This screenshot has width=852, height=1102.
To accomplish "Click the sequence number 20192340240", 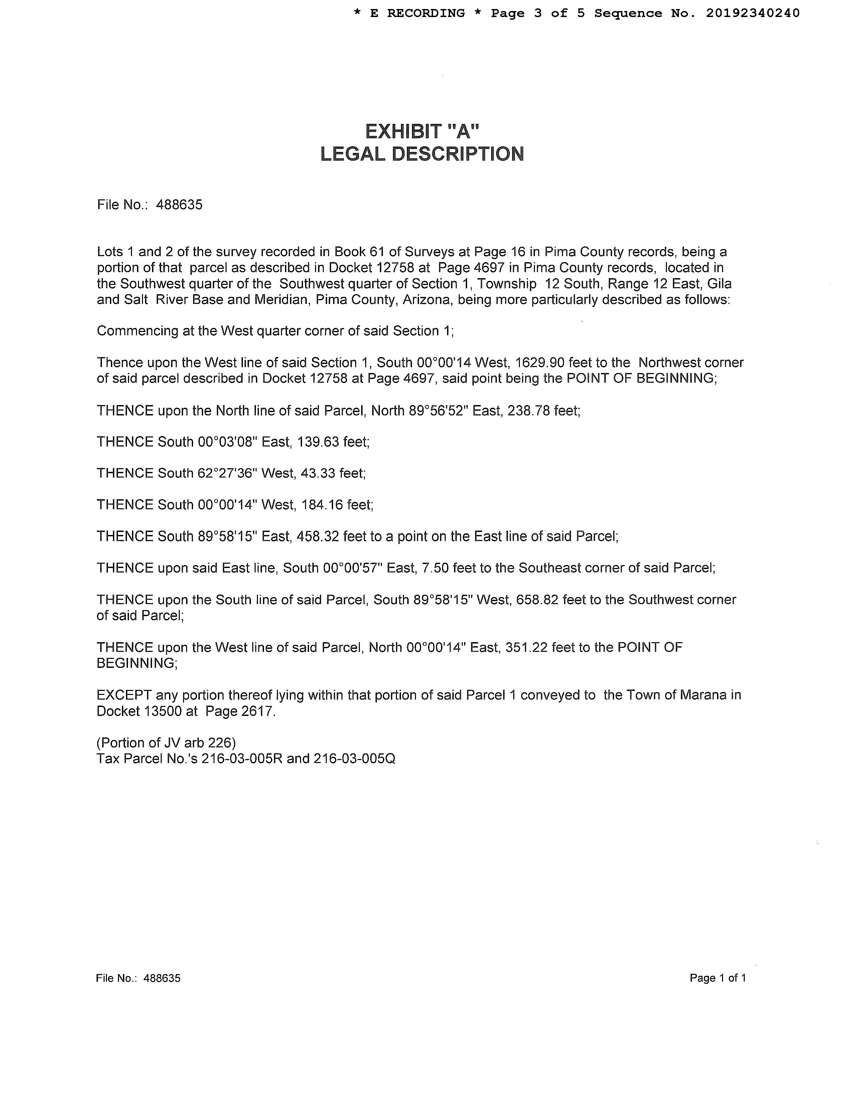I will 752,13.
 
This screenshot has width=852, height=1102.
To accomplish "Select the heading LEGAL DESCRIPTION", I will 422,154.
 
